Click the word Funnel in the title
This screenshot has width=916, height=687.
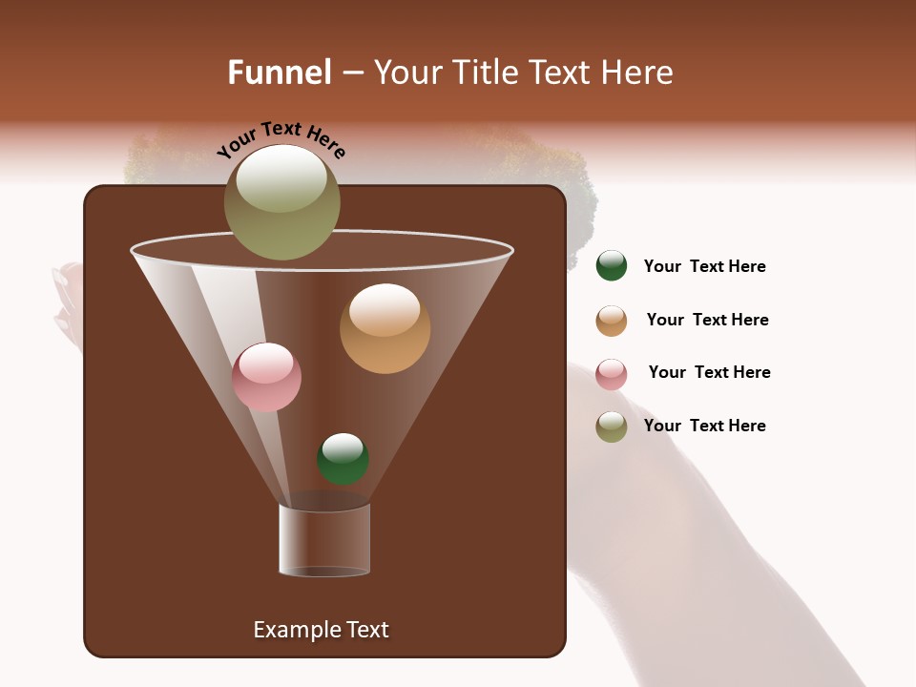[280, 73]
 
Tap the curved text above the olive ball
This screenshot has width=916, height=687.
[281, 140]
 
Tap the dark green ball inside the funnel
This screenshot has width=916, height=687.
[343, 460]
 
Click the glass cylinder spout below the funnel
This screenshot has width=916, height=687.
[324, 540]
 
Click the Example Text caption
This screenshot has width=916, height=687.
[321, 630]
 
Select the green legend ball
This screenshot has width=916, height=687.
[612, 266]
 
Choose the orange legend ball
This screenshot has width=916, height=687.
[612, 321]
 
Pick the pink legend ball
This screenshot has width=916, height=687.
[612, 374]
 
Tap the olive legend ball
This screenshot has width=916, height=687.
[612, 427]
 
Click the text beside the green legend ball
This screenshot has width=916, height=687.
[704, 267]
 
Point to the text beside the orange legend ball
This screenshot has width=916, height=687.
[707, 321]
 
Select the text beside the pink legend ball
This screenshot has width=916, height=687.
[709, 373]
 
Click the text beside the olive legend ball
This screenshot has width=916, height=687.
[704, 427]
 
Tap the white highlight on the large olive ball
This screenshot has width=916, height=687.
[281, 178]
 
